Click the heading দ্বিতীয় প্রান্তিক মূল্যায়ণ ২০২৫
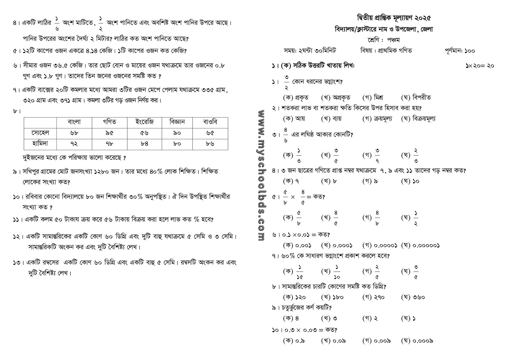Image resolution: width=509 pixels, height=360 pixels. [x=394, y=18]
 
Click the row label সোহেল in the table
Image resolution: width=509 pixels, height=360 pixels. [x=40, y=133]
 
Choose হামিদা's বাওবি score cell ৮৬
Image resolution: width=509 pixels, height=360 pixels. [x=210, y=144]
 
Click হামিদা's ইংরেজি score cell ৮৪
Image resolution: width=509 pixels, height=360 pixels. [x=144, y=144]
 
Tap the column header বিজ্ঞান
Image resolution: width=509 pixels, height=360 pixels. [x=177, y=122]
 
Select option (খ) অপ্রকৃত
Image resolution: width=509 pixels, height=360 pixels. [x=336, y=97]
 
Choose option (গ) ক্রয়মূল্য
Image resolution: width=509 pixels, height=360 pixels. [x=377, y=119]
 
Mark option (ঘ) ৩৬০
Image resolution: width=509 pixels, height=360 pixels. [x=413, y=297]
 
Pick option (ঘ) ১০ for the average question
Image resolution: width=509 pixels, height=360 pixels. [x=410, y=181]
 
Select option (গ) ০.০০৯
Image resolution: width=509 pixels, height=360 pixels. [x=376, y=341]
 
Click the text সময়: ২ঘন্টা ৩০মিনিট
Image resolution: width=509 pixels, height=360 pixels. [x=309, y=51]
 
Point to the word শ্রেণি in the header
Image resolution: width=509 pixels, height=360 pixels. [x=374, y=40]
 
